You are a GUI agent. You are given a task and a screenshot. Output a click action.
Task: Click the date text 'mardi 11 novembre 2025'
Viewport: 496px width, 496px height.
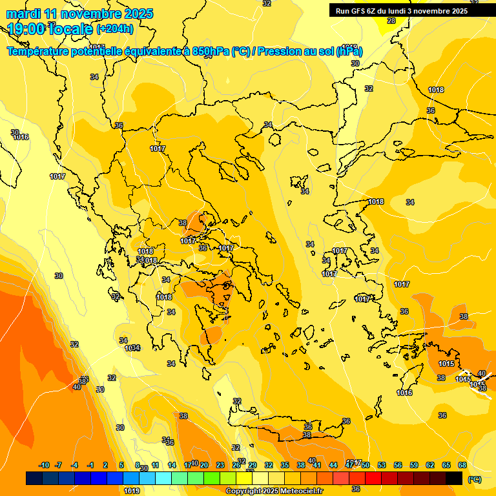[79, 14]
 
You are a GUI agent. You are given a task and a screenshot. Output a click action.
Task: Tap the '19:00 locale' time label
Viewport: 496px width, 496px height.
[50, 29]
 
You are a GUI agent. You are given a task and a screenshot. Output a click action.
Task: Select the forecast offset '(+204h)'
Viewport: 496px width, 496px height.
[115, 29]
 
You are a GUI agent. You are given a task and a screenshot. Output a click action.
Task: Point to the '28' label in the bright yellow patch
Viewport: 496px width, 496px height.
[391, 21]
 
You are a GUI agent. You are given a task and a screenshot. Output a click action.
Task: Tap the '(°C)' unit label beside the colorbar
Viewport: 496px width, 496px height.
[474, 479]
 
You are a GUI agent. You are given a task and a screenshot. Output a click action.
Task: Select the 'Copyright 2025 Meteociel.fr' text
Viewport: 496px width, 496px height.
[274, 491]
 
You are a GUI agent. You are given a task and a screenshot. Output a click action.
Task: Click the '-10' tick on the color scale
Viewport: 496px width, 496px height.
[44, 465]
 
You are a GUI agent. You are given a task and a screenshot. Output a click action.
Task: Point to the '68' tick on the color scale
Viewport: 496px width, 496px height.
[462, 465]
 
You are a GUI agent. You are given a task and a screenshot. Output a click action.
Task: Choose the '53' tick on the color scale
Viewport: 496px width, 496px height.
[382, 465]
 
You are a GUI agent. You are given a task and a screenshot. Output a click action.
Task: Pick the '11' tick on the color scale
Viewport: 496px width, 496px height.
[155, 465]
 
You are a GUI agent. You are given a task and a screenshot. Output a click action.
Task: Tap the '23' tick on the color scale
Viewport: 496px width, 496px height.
[220, 465]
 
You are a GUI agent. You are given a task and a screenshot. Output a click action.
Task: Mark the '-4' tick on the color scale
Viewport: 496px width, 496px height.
[74, 465]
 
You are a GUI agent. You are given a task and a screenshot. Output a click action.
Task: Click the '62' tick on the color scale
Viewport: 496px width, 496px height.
[430, 465]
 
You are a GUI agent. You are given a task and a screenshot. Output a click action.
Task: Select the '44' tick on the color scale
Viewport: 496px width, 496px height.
[333, 465]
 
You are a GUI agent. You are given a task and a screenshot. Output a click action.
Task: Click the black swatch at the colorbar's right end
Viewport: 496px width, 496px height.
[454, 478]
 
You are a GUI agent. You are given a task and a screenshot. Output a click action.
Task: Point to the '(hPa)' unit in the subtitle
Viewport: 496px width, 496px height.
[349, 51]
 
